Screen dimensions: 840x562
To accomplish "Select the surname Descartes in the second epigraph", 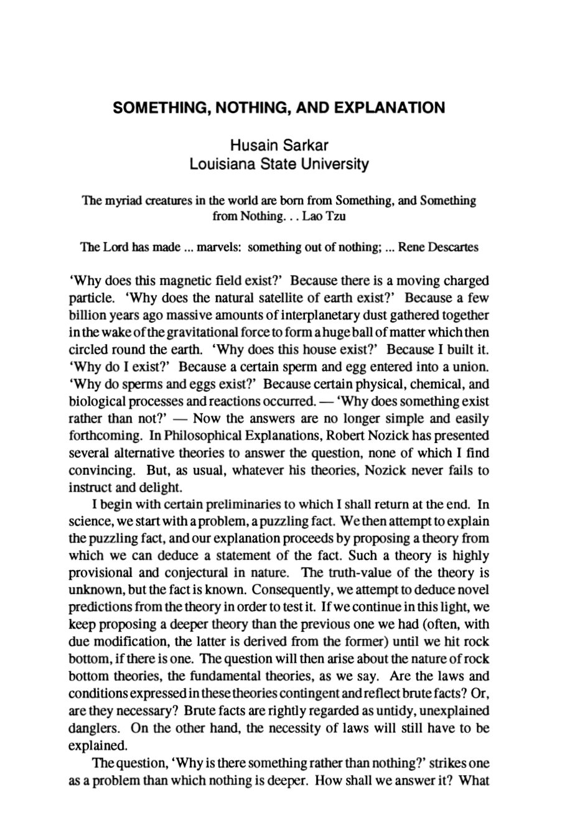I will (x=453, y=247).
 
